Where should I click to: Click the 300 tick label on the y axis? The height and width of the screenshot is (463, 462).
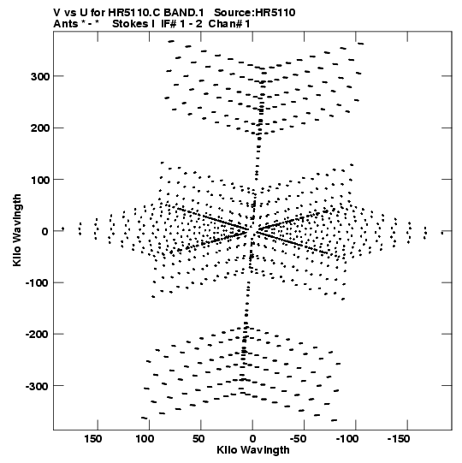(x=40, y=76)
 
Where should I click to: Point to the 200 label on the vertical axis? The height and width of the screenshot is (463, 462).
(x=40, y=128)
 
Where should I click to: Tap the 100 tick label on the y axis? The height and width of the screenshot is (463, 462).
(x=40, y=180)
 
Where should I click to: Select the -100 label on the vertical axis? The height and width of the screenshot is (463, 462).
(x=38, y=283)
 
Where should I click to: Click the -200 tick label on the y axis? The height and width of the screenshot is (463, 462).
(x=38, y=335)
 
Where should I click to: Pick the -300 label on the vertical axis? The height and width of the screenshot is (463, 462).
(x=38, y=387)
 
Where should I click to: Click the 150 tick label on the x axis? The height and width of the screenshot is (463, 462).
(x=93, y=439)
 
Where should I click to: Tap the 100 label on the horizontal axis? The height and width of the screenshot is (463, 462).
(x=145, y=439)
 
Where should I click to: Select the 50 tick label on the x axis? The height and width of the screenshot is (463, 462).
(x=198, y=439)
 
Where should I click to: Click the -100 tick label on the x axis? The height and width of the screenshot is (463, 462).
(x=347, y=439)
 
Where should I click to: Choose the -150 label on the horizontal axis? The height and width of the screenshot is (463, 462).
(x=399, y=439)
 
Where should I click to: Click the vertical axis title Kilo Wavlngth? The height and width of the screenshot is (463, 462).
(x=17, y=230)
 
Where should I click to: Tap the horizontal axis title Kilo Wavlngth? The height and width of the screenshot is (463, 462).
(x=253, y=450)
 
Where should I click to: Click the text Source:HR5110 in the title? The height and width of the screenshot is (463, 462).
(x=254, y=13)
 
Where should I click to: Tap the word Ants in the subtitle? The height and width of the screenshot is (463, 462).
(x=65, y=24)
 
